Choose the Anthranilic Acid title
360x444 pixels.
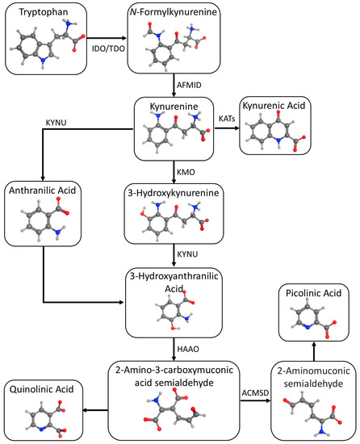[44, 191]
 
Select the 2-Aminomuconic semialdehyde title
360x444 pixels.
[312, 375]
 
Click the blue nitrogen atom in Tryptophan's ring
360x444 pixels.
[34, 62]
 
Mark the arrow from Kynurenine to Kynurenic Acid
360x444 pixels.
[226, 130]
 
